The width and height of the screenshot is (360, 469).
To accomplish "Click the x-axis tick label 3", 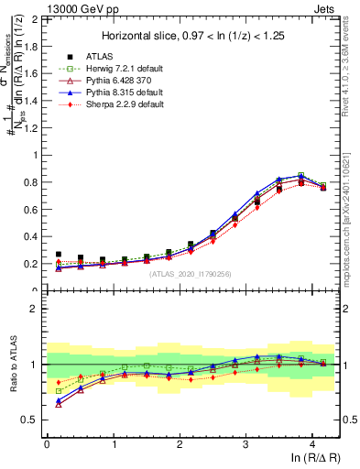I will [245, 444].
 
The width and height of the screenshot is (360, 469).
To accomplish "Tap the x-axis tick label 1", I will [113, 444].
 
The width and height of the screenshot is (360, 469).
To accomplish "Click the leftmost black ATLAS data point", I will [59, 255].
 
